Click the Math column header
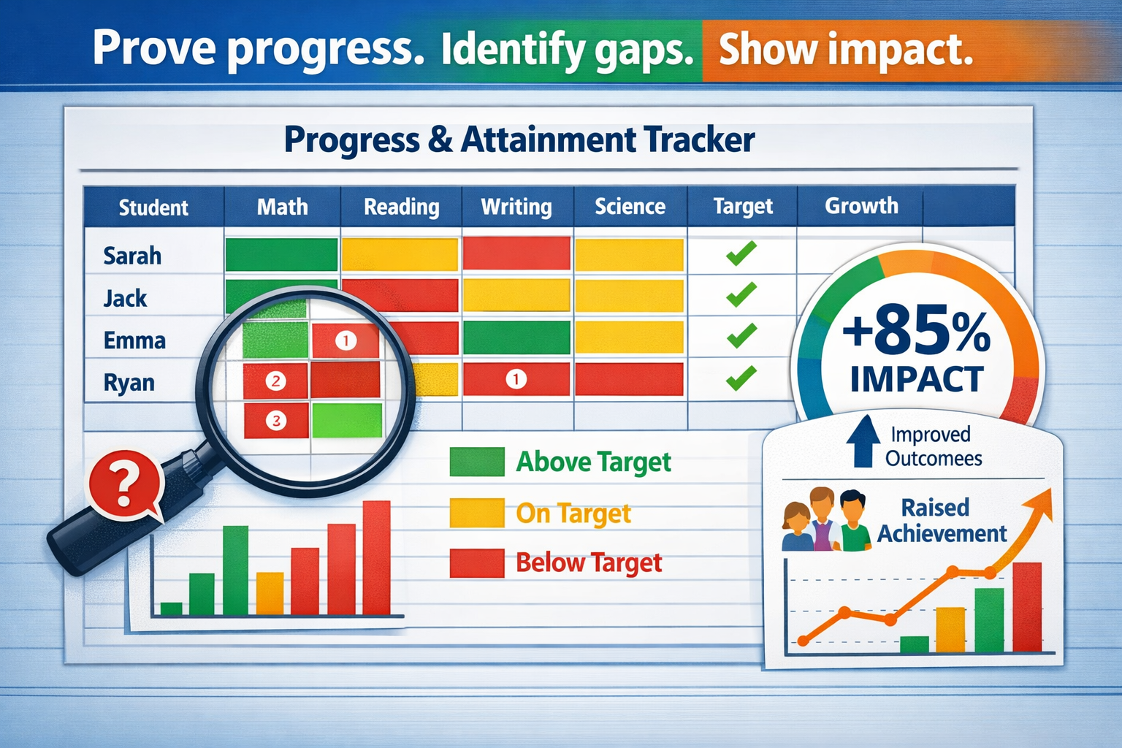(x=283, y=207)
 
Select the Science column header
(x=630, y=207)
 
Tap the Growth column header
(x=861, y=205)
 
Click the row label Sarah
(x=132, y=256)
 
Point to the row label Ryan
(x=129, y=383)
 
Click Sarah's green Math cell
(x=281, y=254)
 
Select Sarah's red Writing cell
(x=516, y=253)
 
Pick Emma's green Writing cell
(x=516, y=337)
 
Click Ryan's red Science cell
(x=629, y=379)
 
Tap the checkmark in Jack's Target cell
(x=741, y=294)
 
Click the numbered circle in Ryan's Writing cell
(x=516, y=379)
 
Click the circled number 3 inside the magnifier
(x=275, y=420)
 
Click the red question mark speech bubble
(x=125, y=485)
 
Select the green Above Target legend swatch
(x=477, y=462)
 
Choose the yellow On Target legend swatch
(x=477, y=513)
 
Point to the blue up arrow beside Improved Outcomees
(x=863, y=441)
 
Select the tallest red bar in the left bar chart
(x=377, y=557)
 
